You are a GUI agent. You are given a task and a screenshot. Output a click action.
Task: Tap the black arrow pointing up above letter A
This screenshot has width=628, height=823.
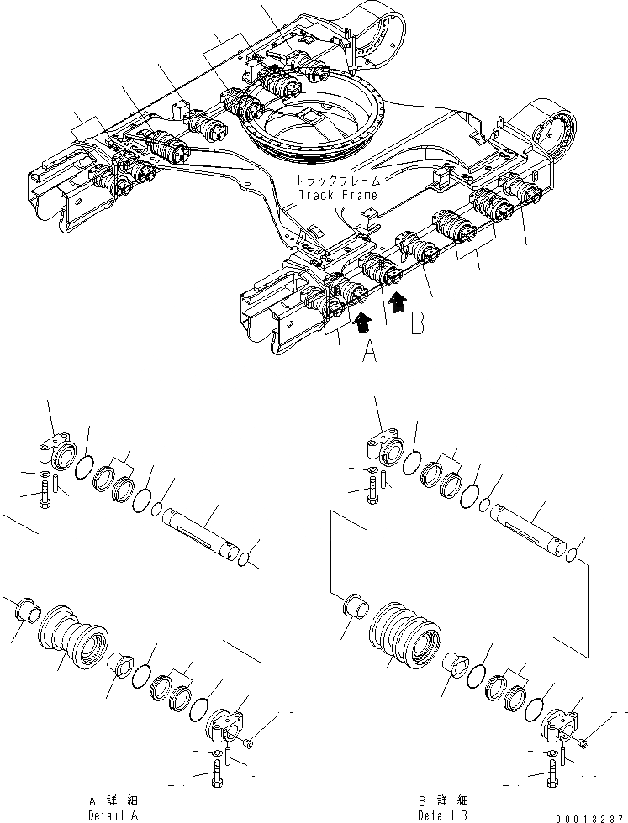click(x=362, y=320)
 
